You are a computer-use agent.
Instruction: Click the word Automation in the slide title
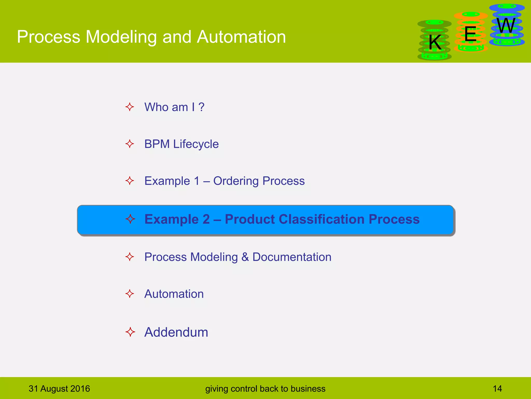click(241, 37)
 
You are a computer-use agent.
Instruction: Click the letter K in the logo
click(435, 42)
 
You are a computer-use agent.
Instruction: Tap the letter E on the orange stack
click(470, 34)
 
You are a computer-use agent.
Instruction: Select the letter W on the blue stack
click(506, 26)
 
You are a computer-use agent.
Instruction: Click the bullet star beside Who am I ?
click(130, 107)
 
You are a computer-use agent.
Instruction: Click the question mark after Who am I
click(201, 107)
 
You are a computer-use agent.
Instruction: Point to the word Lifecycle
click(196, 144)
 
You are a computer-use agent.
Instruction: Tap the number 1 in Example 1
click(197, 181)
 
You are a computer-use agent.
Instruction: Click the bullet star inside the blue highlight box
click(130, 219)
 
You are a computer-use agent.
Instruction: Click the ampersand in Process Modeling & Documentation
click(245, 257)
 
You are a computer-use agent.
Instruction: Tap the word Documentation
click(292, 257)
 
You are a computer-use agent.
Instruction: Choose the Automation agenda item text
click(174, 294)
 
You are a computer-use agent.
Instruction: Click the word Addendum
click(176, 332)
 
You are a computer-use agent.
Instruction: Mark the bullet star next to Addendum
click(130, 332)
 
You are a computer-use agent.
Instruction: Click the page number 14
click(497, 389)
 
